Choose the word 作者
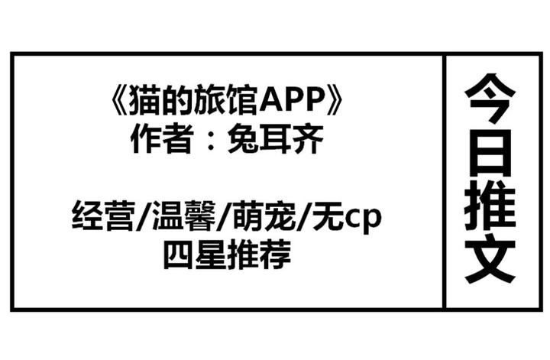click(x=157, y=139)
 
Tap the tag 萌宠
click(x=255, y=216)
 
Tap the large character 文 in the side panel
click(x=491, y=260)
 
